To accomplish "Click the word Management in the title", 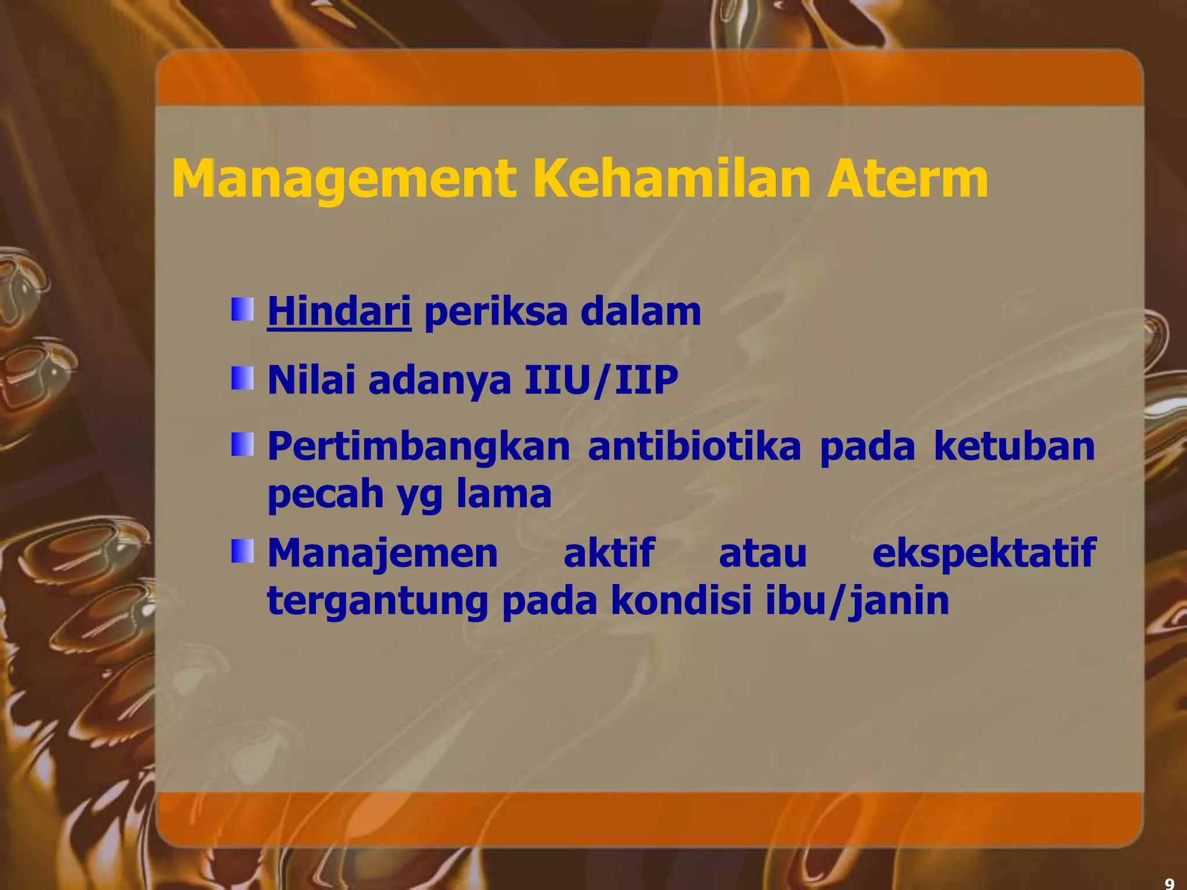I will (344, 180).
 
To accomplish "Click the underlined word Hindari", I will (339, 312).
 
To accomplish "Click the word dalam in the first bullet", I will (640, 312).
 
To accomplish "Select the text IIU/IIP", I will (601, 381).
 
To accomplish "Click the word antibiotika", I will (694, 447).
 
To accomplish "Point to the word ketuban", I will (1014, 447).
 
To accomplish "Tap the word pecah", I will (325, 494).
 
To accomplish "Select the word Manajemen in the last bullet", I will (383, 553).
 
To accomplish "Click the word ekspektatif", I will (984, 553).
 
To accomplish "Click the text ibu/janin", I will (857, 601).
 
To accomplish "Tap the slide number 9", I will (1169, 883).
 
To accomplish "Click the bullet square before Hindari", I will (242, 309).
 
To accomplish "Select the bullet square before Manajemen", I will (242, 551).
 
